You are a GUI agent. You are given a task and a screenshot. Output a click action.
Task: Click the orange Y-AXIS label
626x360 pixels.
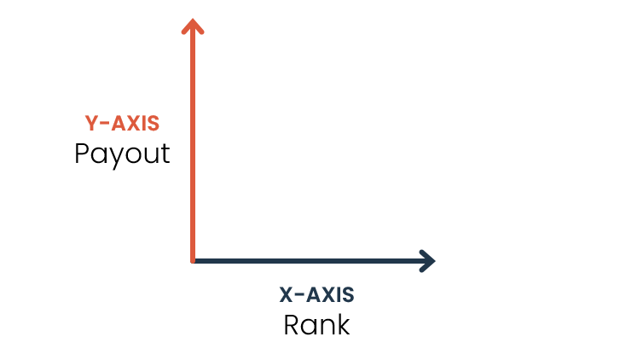(x=122, y=124)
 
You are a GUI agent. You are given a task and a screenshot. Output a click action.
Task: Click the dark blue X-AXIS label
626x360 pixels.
(x=316, y=295)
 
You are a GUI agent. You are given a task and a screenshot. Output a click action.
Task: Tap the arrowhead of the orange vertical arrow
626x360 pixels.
(x=193, y=26)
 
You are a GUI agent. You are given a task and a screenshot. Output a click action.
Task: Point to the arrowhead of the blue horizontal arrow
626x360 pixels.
(x=427, y=260)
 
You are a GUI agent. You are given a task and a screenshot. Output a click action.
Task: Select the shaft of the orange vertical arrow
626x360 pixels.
(x=193, y=145)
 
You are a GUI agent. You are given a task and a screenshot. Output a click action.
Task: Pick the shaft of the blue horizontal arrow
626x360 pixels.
(x=307, y=260)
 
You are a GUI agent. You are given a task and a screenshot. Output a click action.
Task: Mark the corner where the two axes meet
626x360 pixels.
(x=194, y=260)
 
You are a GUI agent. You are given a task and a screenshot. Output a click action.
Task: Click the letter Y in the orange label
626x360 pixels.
(x=91, y=124)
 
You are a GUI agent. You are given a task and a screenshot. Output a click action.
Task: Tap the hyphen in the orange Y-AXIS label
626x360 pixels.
(x=105, y=125)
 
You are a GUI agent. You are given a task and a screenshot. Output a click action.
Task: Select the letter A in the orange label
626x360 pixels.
(x=119, y=124)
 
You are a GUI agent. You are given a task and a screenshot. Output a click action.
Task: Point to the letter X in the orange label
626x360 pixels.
(x=133, y=124)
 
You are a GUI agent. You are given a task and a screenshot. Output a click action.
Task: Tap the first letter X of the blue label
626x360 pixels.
(x=287, y=295)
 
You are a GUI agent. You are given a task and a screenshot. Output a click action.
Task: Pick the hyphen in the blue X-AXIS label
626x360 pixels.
(x=299, y=296)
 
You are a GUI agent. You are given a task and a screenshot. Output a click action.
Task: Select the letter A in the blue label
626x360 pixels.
(x=313, y=295)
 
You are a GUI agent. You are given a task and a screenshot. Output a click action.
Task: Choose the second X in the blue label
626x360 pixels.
(x=327, y=295)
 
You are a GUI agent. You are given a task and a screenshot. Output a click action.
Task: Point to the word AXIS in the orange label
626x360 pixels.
(x=136, y=124)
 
